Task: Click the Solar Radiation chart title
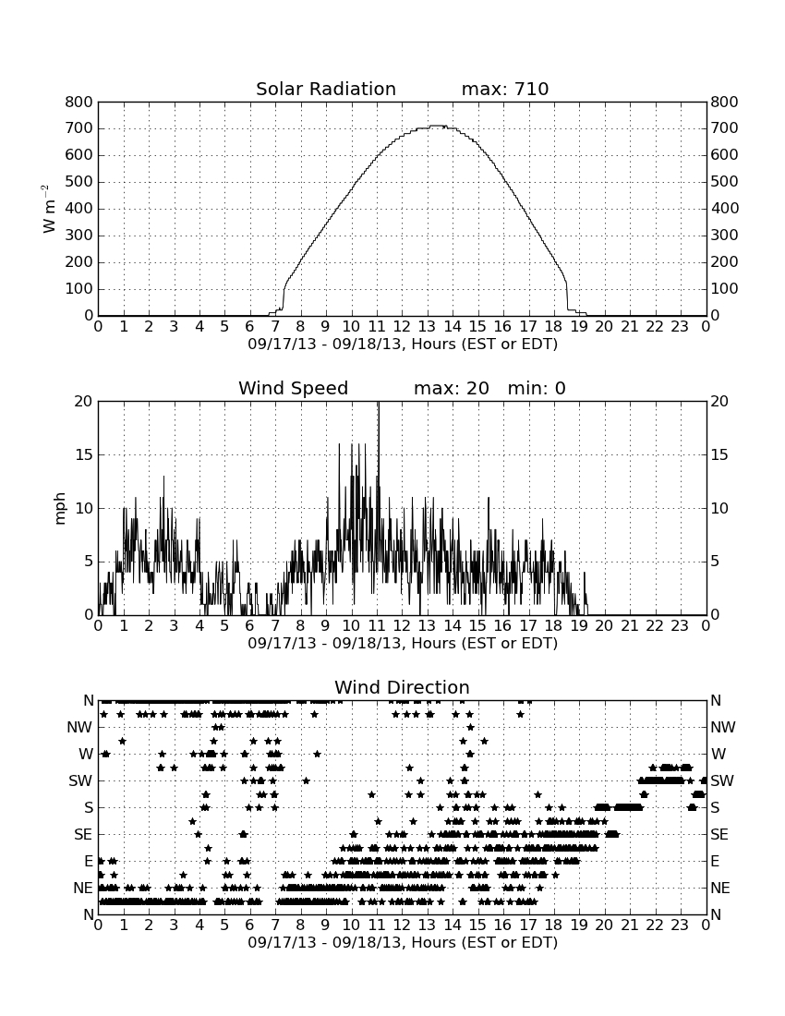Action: (326, 89)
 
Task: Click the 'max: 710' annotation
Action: (505, 89)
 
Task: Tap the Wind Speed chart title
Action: (294, 388)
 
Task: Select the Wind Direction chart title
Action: (403, 687)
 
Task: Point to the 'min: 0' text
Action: (537, 388)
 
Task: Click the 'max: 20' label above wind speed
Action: (452, 388)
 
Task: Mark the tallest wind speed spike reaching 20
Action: (379, 403)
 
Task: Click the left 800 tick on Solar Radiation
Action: (79, 102)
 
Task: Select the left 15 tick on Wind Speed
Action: (84, 454)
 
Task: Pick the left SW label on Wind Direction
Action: (81, 780)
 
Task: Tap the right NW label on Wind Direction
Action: (723, 728)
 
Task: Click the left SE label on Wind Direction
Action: (83, 835)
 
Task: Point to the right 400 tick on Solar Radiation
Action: (725, 209)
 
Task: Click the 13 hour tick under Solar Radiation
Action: (427, 326)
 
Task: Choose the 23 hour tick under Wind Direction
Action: (680, 925)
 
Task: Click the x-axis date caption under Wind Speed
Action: (403, 644)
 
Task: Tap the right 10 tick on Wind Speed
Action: (719, 509)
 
